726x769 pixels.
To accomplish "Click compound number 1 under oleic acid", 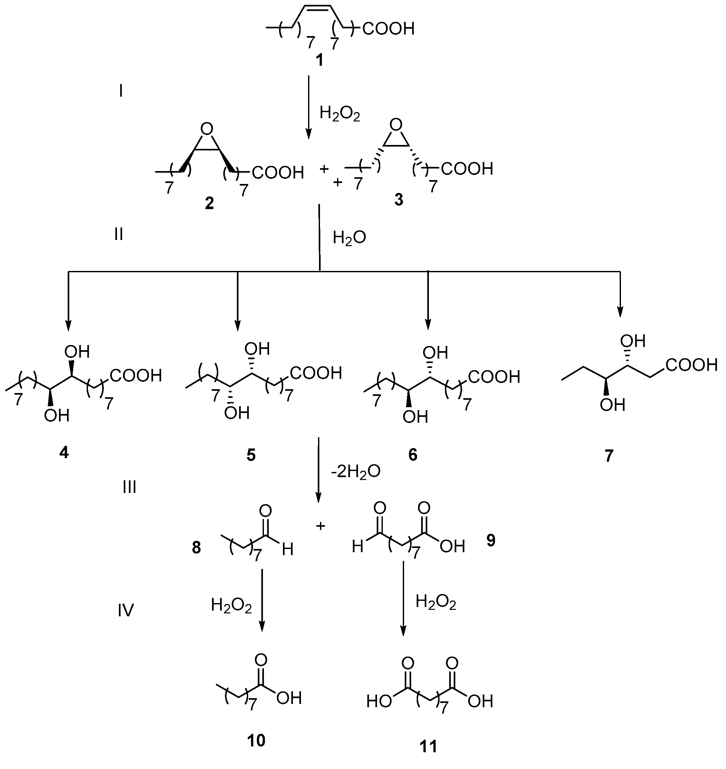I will pos(319,61).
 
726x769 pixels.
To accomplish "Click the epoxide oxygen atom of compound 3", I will pos(396,125).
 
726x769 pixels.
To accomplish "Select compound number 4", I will pos(64,452).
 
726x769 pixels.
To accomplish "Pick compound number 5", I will pos(251,455).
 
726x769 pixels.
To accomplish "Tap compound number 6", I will pos(413,455).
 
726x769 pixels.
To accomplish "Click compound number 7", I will pos(609,457).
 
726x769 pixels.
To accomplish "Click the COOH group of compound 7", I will pos(692,365).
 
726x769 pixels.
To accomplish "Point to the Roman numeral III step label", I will pos(129,487).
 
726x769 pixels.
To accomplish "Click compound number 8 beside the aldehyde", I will pos(197,548).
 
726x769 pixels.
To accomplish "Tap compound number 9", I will pos(491,540).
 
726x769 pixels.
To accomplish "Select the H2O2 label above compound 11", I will pos(436,602).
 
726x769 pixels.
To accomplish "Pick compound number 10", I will pos(256,740).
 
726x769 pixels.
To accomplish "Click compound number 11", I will pos(428,746).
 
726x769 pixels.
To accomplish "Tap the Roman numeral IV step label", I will pos(126,610).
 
